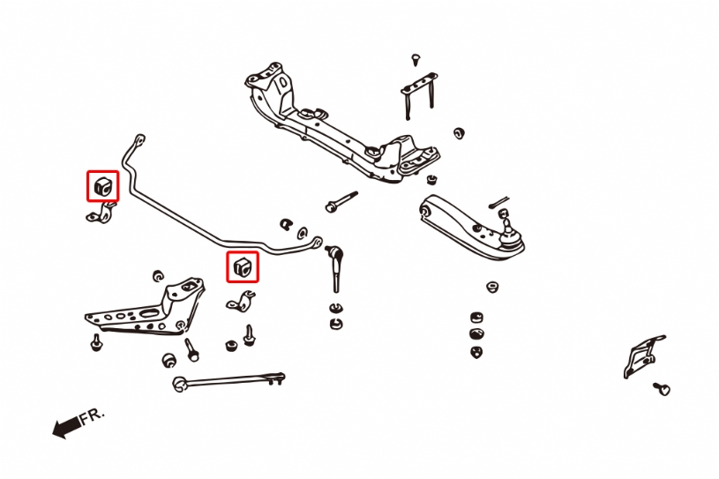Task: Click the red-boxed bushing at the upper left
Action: click(102, 186)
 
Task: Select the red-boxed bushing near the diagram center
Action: click(243, 266)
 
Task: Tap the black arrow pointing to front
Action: click(67, 427)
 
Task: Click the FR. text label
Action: click(92, 415)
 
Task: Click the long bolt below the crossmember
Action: click(341, 202)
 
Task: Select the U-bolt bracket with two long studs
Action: click(420, 95)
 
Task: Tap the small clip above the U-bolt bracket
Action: click(416, 60)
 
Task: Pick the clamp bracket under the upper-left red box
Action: click(101, 213)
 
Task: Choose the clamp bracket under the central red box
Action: click(241, 302)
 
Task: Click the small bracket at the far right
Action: click(643, 356)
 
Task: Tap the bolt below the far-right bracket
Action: click(662, 389)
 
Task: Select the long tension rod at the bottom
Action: click(228, 381)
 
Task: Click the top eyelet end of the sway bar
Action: click(139, 138)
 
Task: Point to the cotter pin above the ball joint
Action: click(498, 202)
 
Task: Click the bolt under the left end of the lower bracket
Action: click(96, 342)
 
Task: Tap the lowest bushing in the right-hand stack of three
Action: click(476, 352)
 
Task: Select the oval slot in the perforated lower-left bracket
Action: click(149, 313)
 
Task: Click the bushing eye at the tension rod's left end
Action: click(179, 384)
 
